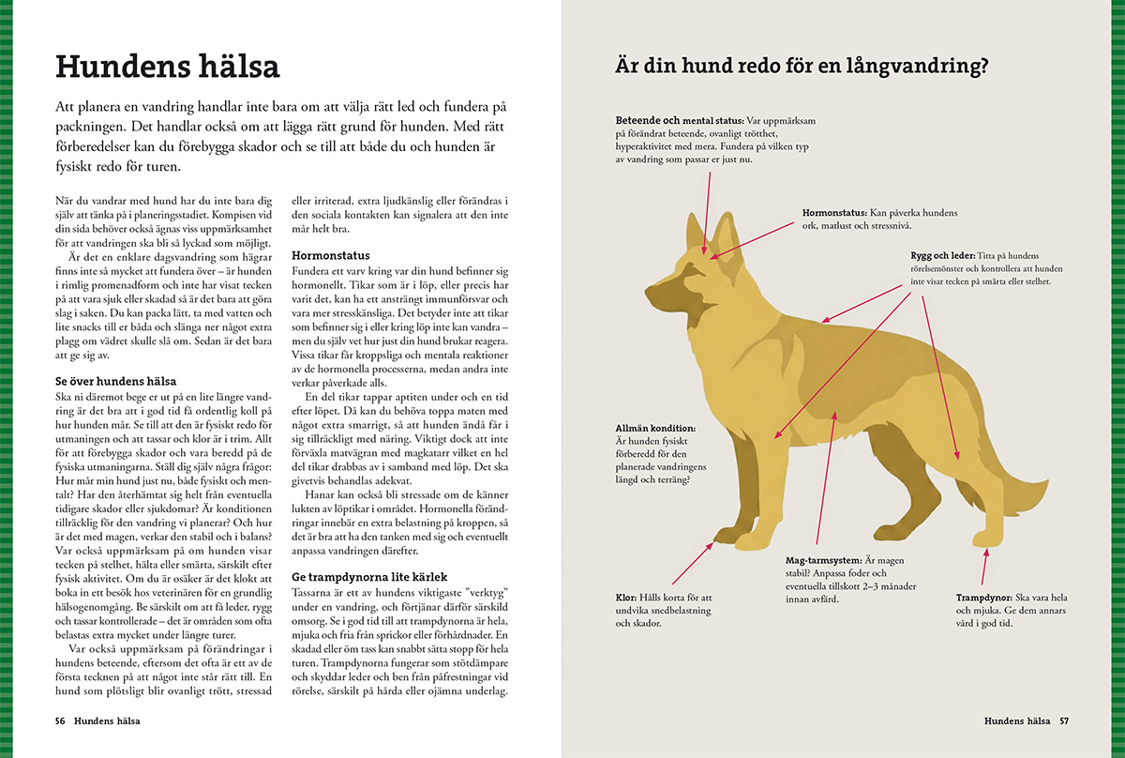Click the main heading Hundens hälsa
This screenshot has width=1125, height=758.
point(168,68)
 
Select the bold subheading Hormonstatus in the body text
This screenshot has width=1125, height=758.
point(330,255)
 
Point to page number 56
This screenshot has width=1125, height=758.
point(60,720)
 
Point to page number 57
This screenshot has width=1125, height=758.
point(1064,720)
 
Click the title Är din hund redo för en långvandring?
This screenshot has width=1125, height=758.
point(802,68)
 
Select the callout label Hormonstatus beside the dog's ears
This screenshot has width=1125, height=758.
point(834,213)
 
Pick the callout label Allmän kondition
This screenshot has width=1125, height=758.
point(655,427)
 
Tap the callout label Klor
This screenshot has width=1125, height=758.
point(626,597)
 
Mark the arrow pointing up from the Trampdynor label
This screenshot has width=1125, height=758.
point(984,568)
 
